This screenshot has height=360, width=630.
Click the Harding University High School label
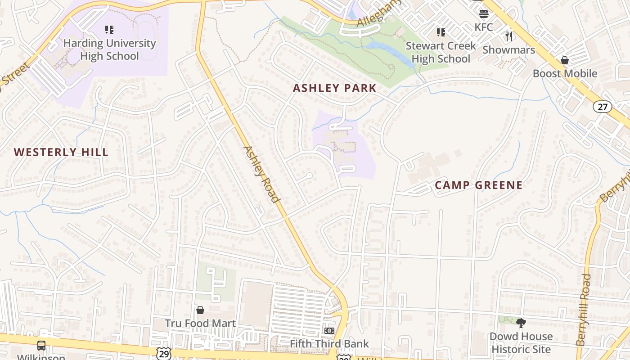[109, 49]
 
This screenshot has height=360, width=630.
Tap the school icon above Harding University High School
[109, 30]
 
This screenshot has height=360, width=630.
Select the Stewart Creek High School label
[441, 52]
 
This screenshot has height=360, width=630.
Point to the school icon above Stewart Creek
[441, 32]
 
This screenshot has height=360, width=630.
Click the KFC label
[484, 27]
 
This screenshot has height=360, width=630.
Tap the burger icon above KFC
[484, 13]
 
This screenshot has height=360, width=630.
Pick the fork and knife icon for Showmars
[509, 36]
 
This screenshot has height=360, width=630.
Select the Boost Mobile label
[565, 73]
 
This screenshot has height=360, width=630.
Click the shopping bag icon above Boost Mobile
[565, 60]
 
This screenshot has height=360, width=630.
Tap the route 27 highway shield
[602, 107]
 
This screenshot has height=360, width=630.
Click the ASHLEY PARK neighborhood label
[334, 88]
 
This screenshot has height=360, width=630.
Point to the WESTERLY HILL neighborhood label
[61, 153]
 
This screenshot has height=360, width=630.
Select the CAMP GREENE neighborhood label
[479, 185]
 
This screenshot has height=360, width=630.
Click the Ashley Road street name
[261, 174]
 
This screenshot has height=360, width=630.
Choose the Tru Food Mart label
[200, 324]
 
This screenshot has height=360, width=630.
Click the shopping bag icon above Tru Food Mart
[200, 310]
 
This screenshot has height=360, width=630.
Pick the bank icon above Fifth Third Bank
[329, 331]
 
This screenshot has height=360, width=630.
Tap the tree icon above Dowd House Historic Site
[521, 323]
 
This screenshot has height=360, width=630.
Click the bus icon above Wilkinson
[41, 346]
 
